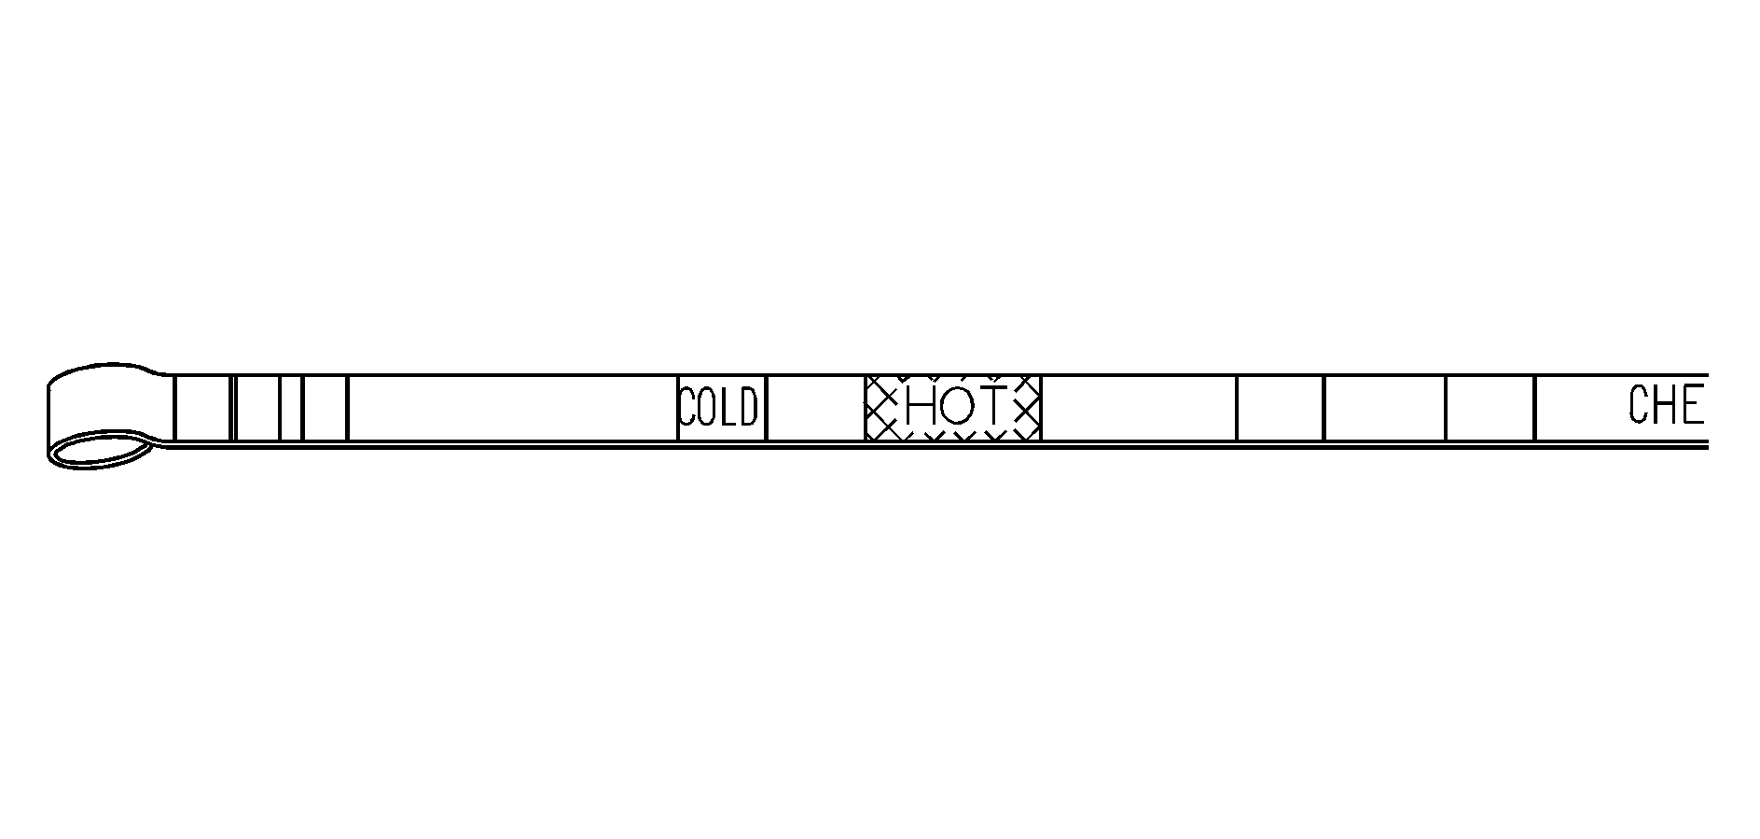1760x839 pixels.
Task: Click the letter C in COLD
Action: click(687, 408)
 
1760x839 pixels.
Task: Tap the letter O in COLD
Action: click(707, 408)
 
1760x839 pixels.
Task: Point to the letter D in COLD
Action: click(747, 408)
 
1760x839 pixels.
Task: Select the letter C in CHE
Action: click(1642, 405)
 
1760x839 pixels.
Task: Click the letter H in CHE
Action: click(1667, 405)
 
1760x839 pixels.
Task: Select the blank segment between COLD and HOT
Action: click(815, 408)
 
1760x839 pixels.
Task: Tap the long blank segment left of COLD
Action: click(511, 408)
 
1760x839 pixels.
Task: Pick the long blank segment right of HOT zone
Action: click(1138, 408)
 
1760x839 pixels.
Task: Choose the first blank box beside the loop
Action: click(202, 408)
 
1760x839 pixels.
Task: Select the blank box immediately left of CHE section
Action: click(1490, 408)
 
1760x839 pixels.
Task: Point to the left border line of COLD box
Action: click(678, 408)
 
